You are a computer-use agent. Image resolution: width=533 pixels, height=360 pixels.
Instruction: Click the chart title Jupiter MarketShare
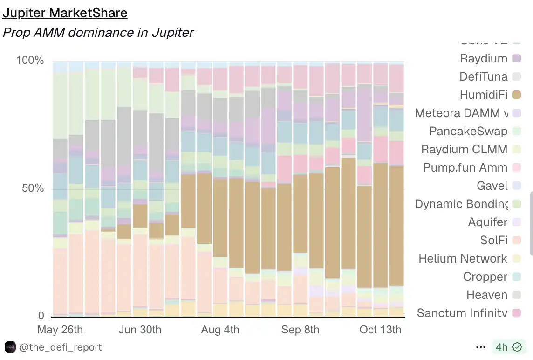65,13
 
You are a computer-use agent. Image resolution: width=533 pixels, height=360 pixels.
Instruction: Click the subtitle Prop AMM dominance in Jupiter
98,33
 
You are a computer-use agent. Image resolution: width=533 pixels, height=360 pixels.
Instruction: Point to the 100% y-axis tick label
30,61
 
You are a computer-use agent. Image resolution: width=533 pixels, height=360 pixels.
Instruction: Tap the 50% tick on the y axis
32,188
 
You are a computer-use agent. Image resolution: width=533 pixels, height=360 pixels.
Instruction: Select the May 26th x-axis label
60,330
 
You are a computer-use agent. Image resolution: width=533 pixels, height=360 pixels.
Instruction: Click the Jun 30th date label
140,330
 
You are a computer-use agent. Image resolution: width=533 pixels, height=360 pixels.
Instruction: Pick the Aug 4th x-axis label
220,330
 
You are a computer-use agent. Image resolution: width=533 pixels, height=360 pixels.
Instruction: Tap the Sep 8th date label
300,330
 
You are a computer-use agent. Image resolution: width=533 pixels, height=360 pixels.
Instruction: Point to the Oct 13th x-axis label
380,330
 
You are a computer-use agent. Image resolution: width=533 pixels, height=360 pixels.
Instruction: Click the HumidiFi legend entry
483,95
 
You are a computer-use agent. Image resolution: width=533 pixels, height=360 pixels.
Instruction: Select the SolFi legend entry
493,240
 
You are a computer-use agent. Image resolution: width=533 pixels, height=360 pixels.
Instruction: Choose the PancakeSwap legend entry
468,131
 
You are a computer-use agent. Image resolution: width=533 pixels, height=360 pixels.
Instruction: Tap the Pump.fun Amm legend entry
465,167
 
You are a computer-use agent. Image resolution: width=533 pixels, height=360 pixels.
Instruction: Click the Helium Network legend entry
462,258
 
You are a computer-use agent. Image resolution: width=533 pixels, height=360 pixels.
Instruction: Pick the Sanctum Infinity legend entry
462,313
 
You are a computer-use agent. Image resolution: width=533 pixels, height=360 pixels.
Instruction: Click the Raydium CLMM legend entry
464,149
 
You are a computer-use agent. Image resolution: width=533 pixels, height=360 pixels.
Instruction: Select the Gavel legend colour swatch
516,186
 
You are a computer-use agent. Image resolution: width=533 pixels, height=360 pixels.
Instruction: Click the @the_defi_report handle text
61,347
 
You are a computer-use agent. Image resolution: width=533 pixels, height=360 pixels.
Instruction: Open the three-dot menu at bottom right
481,347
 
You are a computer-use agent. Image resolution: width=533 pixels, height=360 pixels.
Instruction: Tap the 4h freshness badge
508,347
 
